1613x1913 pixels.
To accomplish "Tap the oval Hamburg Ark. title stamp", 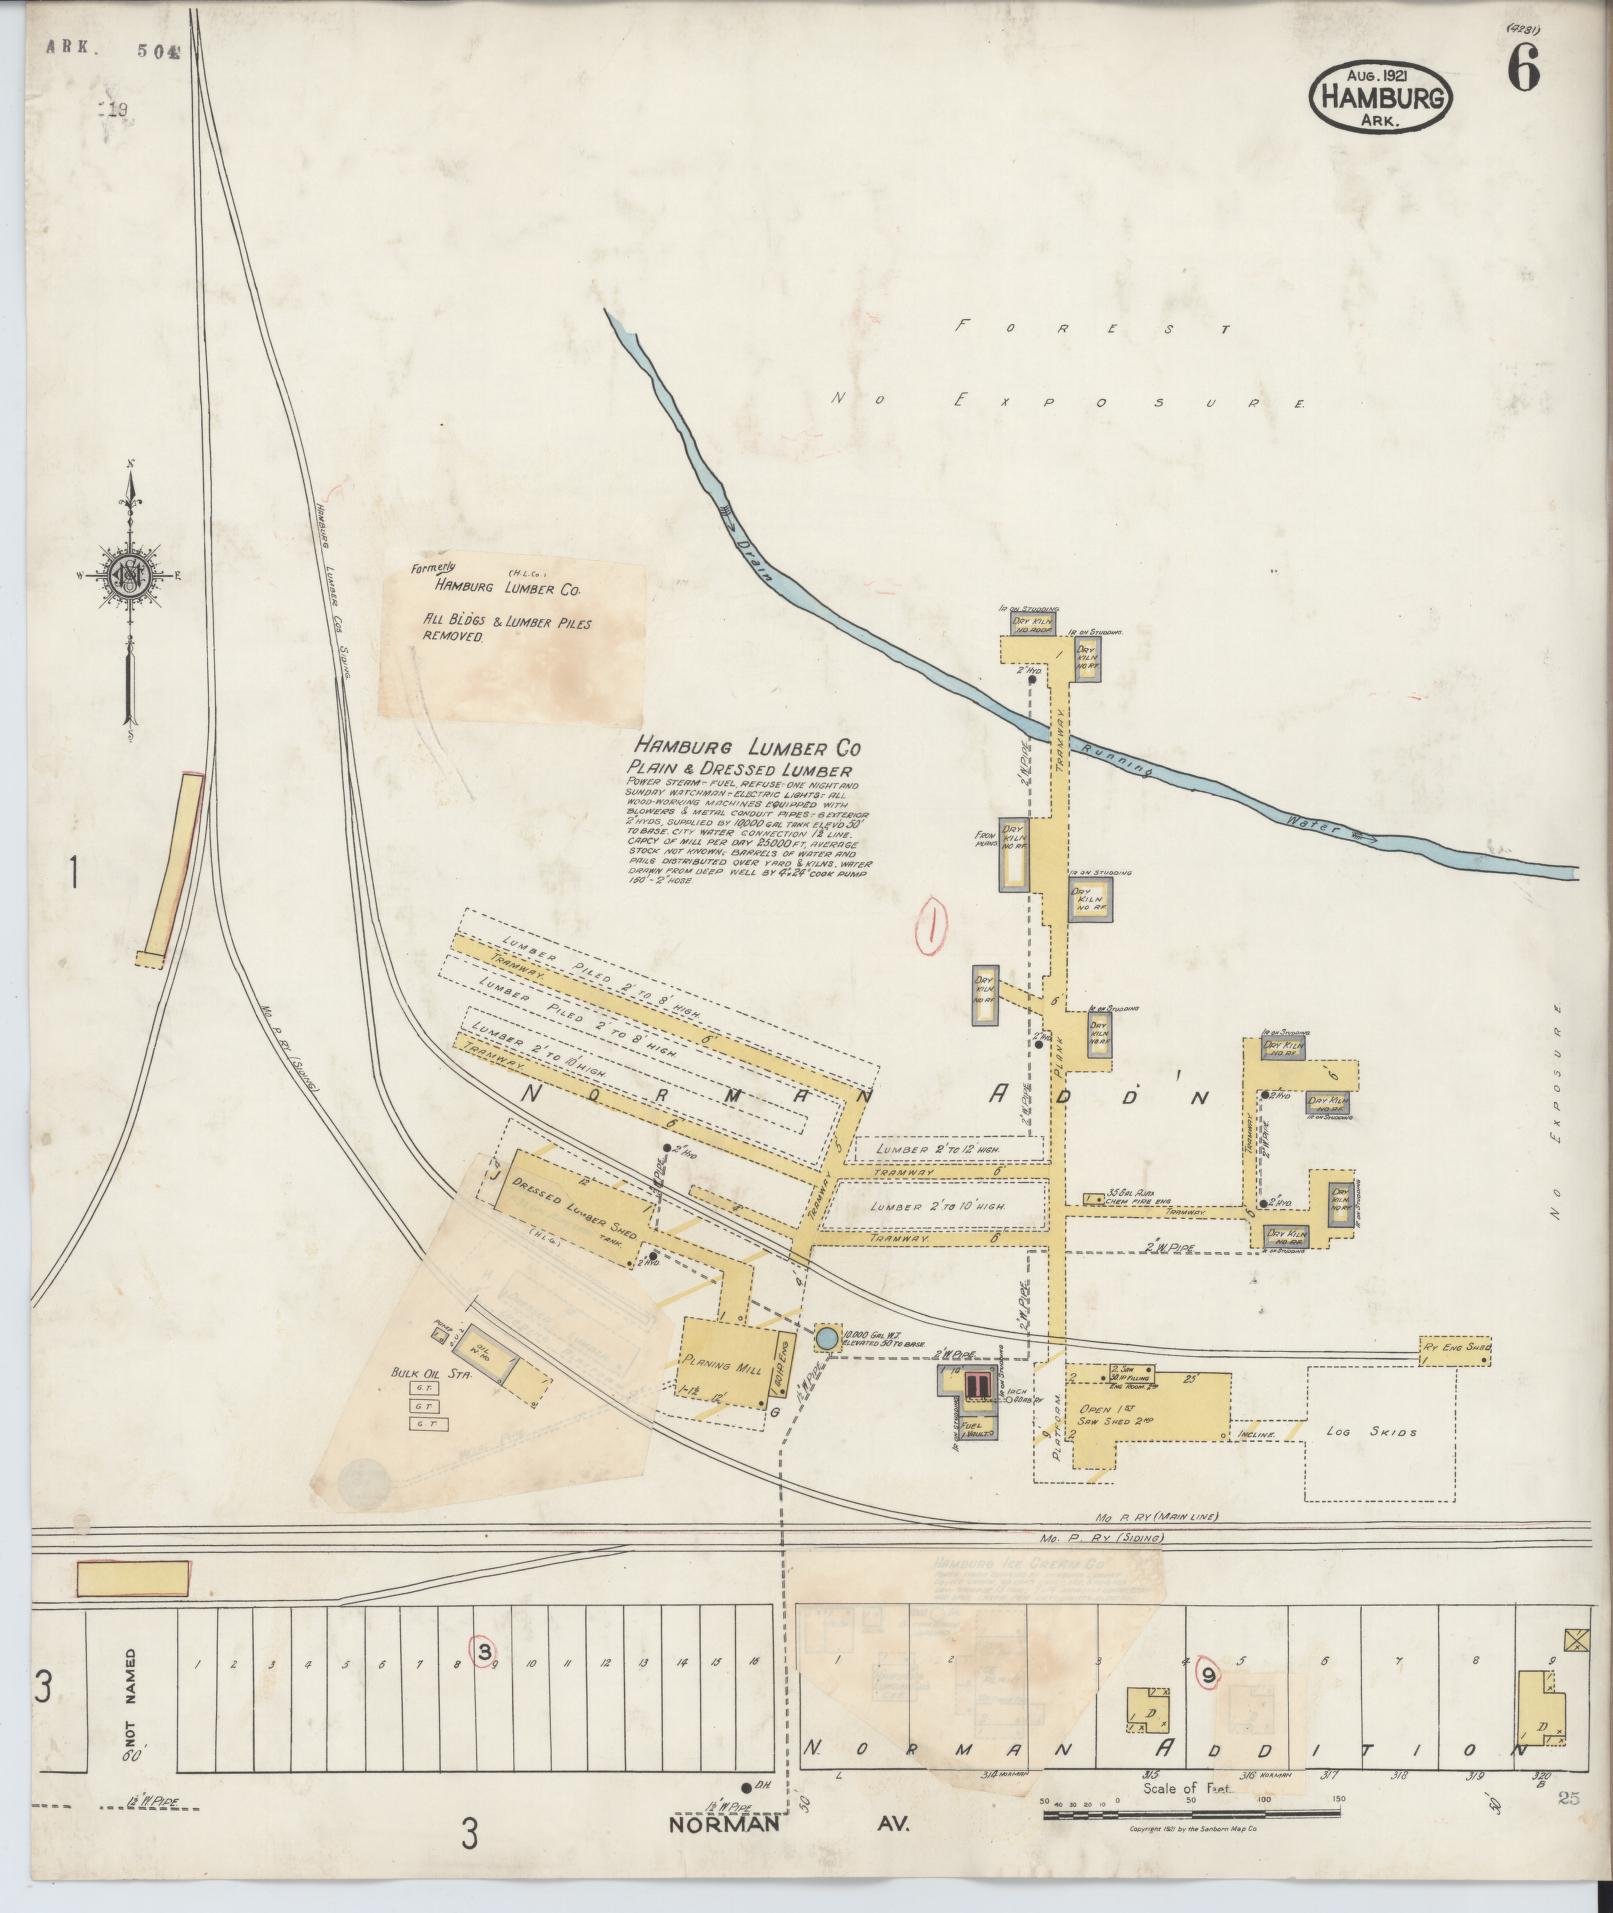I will point(1380,97).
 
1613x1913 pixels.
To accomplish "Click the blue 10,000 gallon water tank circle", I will point(826,1338).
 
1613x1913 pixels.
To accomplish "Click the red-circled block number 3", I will point(484,1651).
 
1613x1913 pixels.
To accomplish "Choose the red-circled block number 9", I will point(1209,1675).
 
